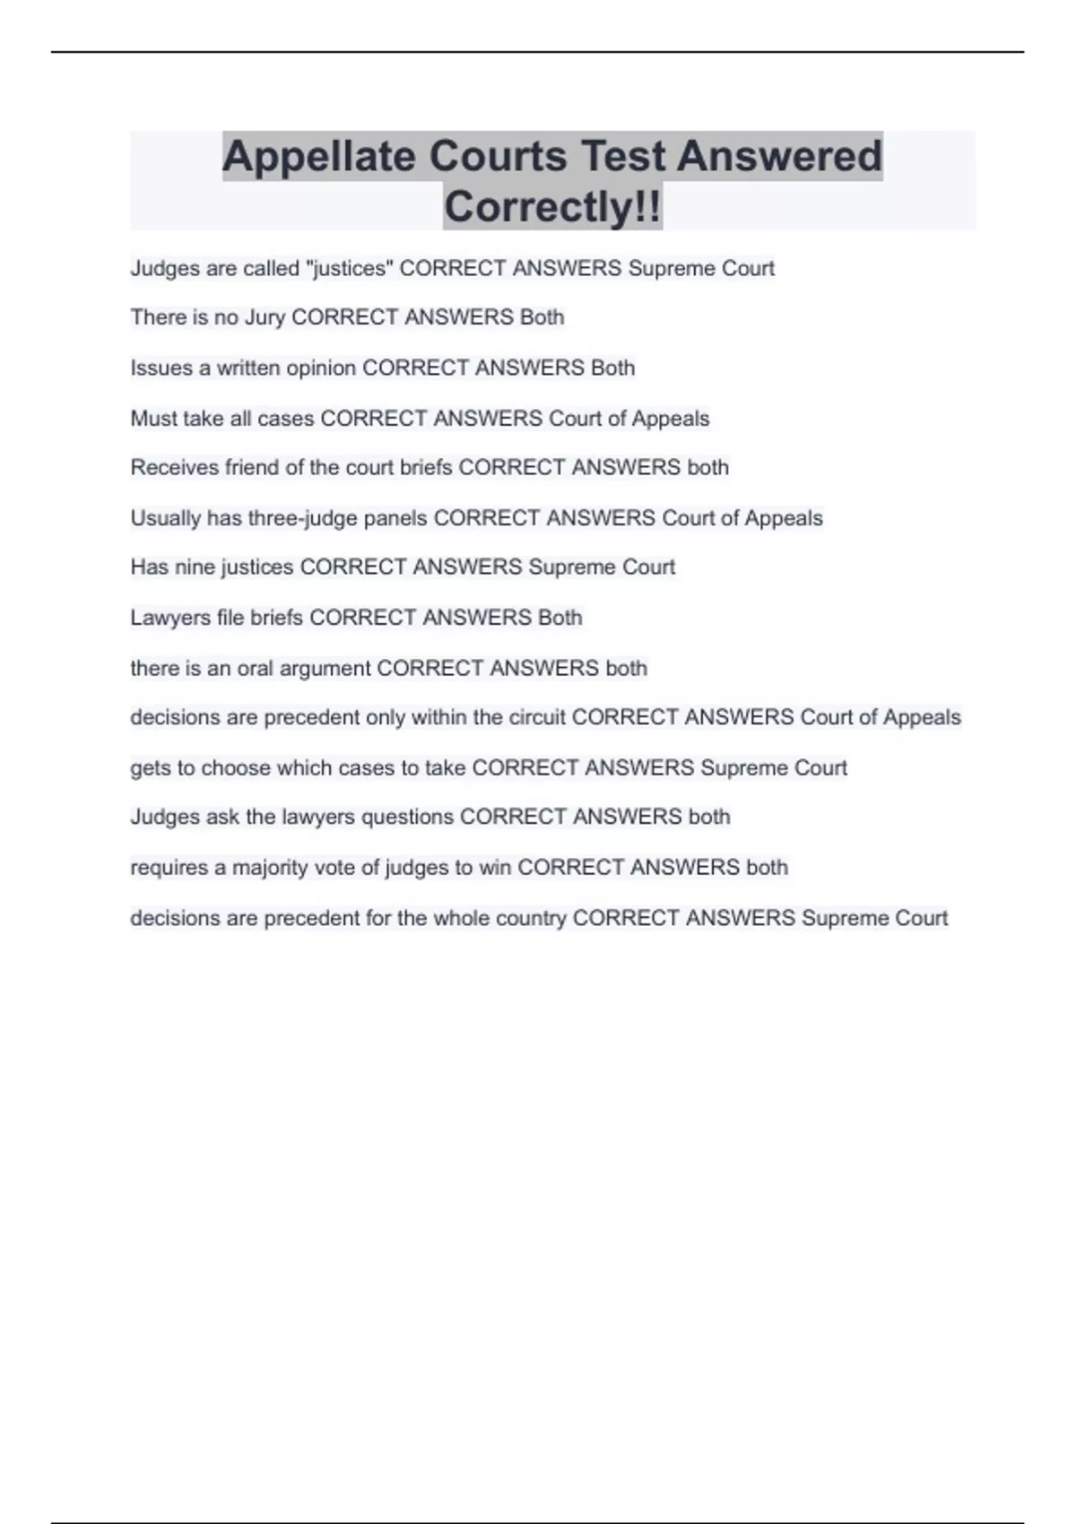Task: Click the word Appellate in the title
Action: (318, 157)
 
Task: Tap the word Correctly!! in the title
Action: (552, 207)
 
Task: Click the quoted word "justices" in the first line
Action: (350, 268)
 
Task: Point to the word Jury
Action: (265, 317)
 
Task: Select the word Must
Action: (153, 419)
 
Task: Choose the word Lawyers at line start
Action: (170, 619)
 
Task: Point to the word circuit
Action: (537, 718)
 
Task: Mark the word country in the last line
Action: (533, 919)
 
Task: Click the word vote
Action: (334, 868)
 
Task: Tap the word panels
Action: (395, 519)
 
